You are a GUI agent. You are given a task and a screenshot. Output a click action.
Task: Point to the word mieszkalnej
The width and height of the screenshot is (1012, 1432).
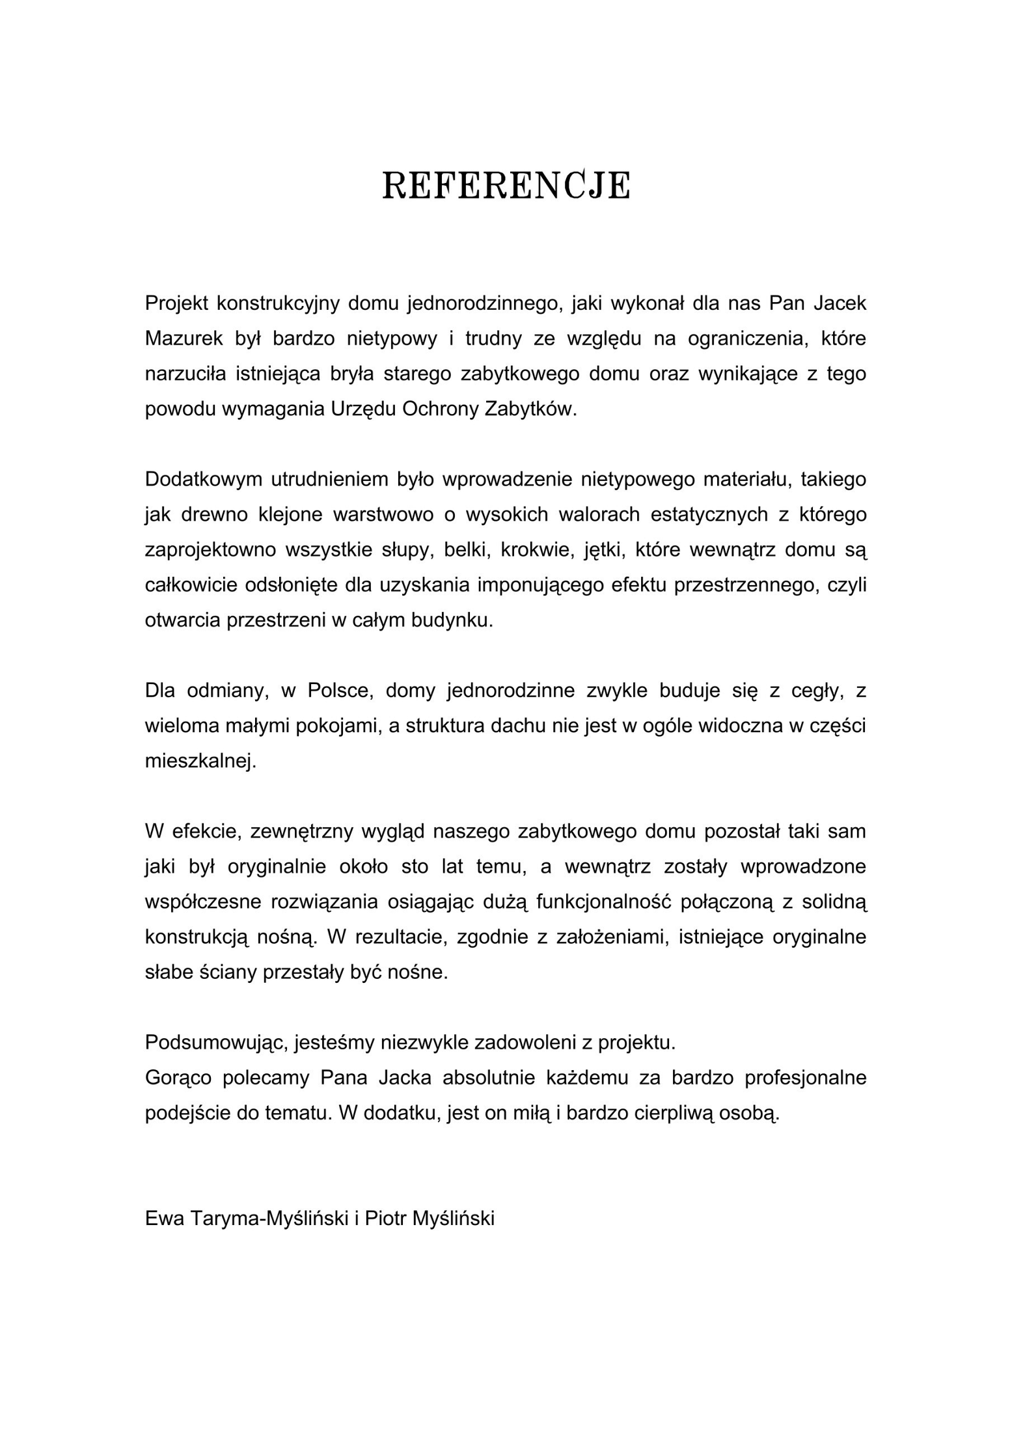[200, 761]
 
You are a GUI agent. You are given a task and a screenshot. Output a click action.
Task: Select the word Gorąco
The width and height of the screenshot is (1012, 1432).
[178, 1078]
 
